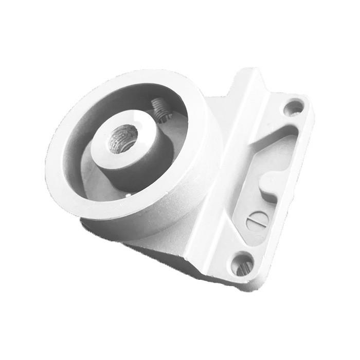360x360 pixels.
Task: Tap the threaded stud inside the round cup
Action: click(x=159, y=110)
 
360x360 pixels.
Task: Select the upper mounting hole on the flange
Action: click(x=294, y=107)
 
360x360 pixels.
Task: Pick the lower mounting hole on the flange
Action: click(x=243, y=264)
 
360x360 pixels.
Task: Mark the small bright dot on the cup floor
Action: click(x=127, y=195)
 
